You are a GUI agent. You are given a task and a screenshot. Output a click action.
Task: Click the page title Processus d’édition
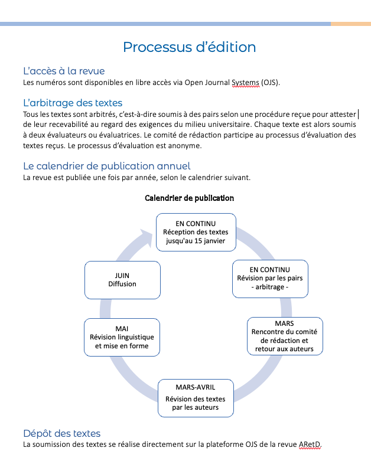(x=190, y=47)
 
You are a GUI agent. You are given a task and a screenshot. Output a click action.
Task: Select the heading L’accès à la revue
(x=64, y=71)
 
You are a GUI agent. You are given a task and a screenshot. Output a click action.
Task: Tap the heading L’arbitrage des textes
(x=73, y=103)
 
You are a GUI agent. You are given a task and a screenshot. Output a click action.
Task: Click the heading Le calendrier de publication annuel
(x=107, y=166)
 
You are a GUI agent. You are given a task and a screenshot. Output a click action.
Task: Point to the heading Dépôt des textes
(x=62, y=433)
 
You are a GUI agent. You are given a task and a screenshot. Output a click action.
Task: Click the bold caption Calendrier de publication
(x=190, y=198)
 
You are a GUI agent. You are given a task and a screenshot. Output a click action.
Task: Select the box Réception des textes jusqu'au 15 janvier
(x=196, y=233)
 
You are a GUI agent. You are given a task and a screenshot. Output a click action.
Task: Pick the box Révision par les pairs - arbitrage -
(x=270, y=279)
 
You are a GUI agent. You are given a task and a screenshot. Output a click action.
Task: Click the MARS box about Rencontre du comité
(x=285, y=336)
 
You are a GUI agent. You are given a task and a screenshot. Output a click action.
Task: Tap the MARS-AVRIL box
(x=196, y=398)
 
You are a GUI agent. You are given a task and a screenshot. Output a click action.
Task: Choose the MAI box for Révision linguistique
(x=122, y=337)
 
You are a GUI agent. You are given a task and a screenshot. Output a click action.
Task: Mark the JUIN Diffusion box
(x=122, y=280)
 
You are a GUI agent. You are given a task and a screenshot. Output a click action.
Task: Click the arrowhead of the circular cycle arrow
(x=147, y=237)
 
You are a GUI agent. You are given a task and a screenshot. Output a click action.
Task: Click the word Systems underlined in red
(x=245, y=83)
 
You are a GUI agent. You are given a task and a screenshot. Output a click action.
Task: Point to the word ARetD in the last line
(x=310, y=445)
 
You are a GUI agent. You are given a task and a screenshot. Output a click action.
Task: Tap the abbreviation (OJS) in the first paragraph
(x=271, y=83)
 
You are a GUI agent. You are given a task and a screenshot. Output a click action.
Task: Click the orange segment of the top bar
(x=351, y=24)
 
